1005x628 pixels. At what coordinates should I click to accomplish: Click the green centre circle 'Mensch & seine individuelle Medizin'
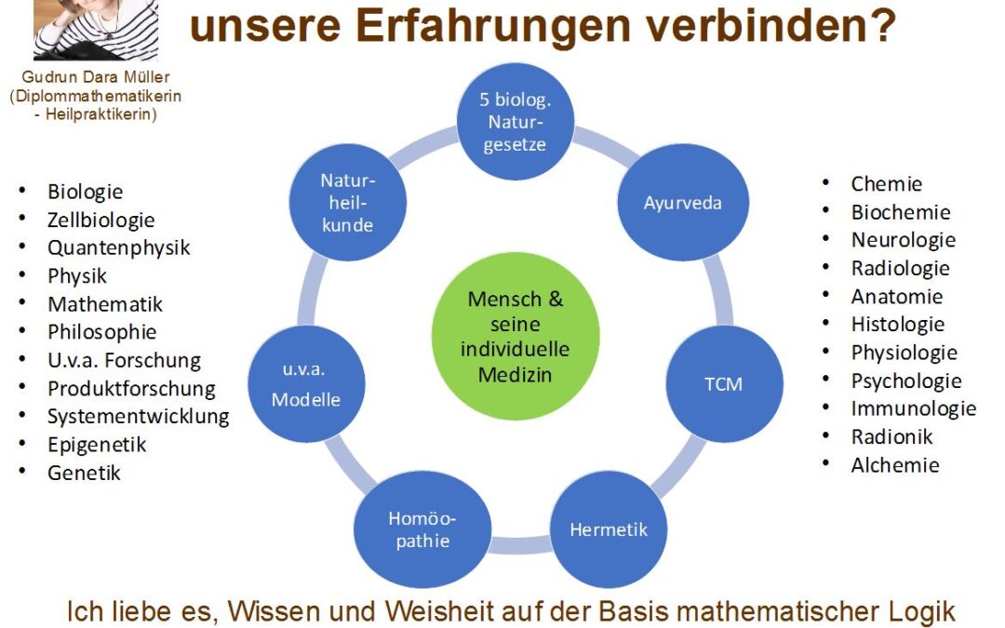point(516,336)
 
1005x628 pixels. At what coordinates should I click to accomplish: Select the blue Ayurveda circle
point(683,203)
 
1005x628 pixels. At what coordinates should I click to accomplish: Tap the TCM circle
point(724,384)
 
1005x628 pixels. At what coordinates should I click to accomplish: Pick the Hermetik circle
point(609,529)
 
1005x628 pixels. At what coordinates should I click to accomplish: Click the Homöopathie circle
point(422,529)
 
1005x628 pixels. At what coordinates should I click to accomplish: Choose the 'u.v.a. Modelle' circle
point(306,384)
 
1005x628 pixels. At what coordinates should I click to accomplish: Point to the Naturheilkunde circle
point(348,203)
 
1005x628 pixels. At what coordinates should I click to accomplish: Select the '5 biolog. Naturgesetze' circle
point(516,122)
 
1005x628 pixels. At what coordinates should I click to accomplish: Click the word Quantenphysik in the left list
point(118,247)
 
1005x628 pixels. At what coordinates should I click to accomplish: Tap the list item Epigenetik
point(97,445)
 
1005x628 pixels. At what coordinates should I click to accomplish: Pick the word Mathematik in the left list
point(105,303)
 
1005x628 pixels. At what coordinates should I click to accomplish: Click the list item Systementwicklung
point(139,417)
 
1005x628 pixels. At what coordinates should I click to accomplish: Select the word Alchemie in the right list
point(895,464)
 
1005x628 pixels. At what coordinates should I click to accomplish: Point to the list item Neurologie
point(903,240)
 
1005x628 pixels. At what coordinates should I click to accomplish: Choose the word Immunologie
point(914,408)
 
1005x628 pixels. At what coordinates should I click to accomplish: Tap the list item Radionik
point(891,436)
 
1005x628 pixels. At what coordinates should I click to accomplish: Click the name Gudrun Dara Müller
point(96,77)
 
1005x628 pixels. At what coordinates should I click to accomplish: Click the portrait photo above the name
point(96,30)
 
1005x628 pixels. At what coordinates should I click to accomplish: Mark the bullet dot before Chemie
point(825,182)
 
